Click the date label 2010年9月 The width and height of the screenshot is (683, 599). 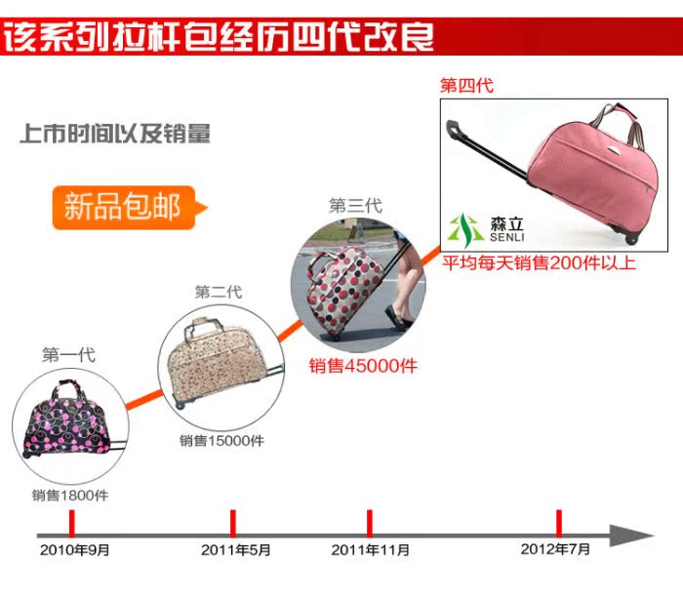click(75, 550)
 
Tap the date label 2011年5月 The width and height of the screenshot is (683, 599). click(236, 550)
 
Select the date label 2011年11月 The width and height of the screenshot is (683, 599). click(370, 550)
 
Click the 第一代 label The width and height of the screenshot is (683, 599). click(68, 355)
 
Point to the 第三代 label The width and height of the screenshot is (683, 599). click(355, 206)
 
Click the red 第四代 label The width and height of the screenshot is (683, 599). click(466, 86)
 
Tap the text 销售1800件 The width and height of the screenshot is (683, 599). click(70, 495)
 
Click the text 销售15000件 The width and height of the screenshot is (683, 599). click(221, 440)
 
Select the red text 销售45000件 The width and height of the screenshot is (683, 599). click(363, 366)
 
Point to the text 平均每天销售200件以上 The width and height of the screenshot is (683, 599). click(540, 263)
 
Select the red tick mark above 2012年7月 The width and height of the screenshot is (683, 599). click(559, 522)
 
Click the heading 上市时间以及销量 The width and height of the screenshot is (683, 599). click(115, 134)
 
